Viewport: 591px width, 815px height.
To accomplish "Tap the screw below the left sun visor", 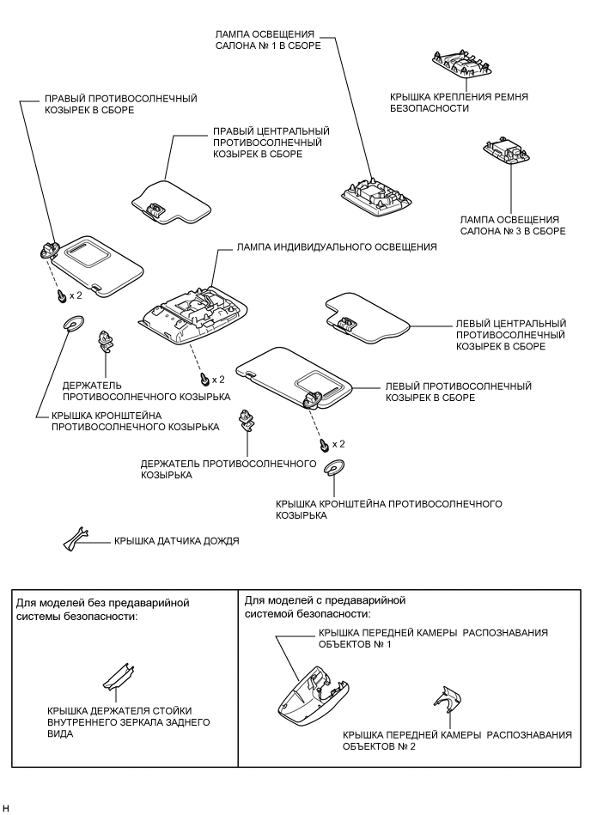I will [324, 444].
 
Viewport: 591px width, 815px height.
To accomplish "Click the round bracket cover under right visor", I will [71, 324].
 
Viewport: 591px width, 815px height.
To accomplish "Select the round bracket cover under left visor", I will [334, 468].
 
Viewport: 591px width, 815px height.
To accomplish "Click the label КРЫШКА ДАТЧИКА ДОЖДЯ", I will [176, 542].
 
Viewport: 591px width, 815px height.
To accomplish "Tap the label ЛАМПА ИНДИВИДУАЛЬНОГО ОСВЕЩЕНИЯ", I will [336, 246].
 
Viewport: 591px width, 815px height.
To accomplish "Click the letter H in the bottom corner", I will [7, 808].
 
